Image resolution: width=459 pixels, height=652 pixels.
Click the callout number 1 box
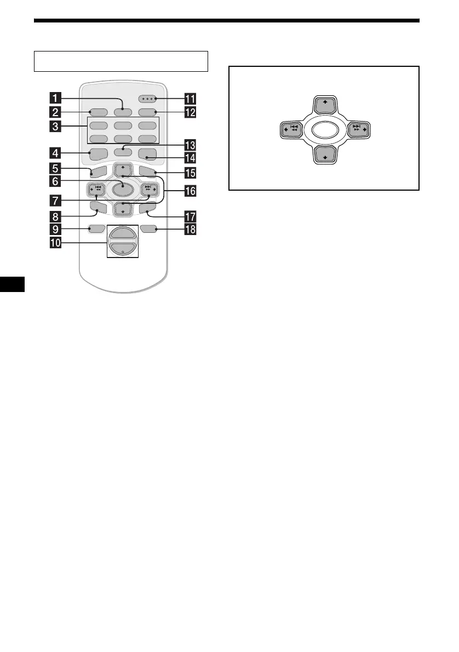tap(54, 99)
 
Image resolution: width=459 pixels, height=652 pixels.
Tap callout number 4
tap(54, 153)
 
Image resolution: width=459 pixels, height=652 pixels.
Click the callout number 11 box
tap(191, 99)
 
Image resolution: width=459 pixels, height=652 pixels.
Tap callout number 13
tap(191, 145)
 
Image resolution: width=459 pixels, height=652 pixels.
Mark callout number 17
tap(191, 216)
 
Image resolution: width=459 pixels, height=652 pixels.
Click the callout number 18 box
tap(191, 230)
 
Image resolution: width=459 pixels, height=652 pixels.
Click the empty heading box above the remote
tap(121, 61)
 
